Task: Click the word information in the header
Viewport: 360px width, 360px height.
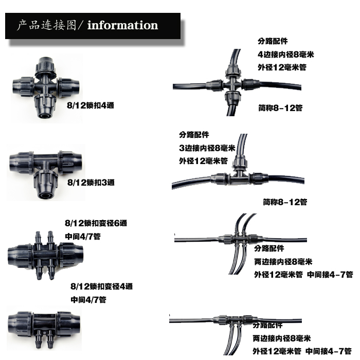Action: [122, 26]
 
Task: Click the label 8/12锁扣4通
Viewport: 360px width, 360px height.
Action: [91, 105]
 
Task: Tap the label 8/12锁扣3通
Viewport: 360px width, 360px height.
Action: [91, 183]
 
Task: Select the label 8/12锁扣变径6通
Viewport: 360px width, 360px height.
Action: [96, 223]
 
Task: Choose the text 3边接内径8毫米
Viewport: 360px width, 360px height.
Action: [207, 148]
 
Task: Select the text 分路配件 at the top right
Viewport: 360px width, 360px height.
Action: [273, 41]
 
